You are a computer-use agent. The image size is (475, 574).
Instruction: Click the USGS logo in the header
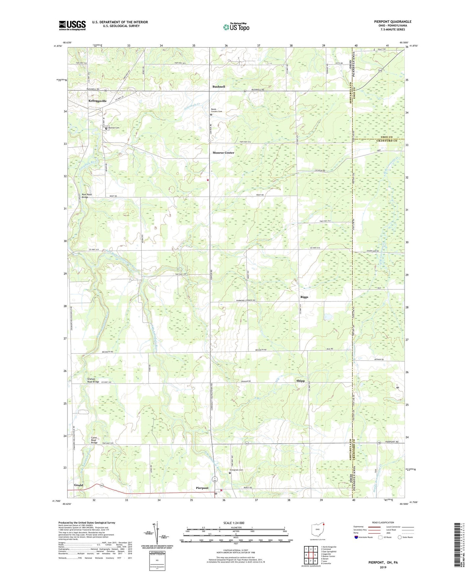click(x=72, y=25)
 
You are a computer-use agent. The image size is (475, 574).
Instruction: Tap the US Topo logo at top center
click(x=236, y=27)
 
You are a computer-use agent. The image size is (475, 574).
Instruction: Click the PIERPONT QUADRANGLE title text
click(x=392, y=22)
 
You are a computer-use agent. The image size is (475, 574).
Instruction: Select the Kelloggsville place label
click(x=97, y=101)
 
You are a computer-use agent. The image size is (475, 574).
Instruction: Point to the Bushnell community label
click(x=219, y=86)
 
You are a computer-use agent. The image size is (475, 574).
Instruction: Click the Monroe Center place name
click(x=223, y=153)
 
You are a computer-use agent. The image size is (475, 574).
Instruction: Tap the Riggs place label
click(x=304, y=297)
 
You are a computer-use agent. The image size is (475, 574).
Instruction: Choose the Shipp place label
click(x=300, y=381)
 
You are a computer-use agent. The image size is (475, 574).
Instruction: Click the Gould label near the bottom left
click(x=78, y=485)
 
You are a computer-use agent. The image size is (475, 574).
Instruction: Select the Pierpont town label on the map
click(x=202, y=488)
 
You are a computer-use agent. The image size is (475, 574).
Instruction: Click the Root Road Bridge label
click(x=87, y=196)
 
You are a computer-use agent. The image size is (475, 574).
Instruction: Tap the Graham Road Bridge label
click(x=93, y=380)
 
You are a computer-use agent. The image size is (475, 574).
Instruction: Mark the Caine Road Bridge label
click(x=94, y=440)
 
